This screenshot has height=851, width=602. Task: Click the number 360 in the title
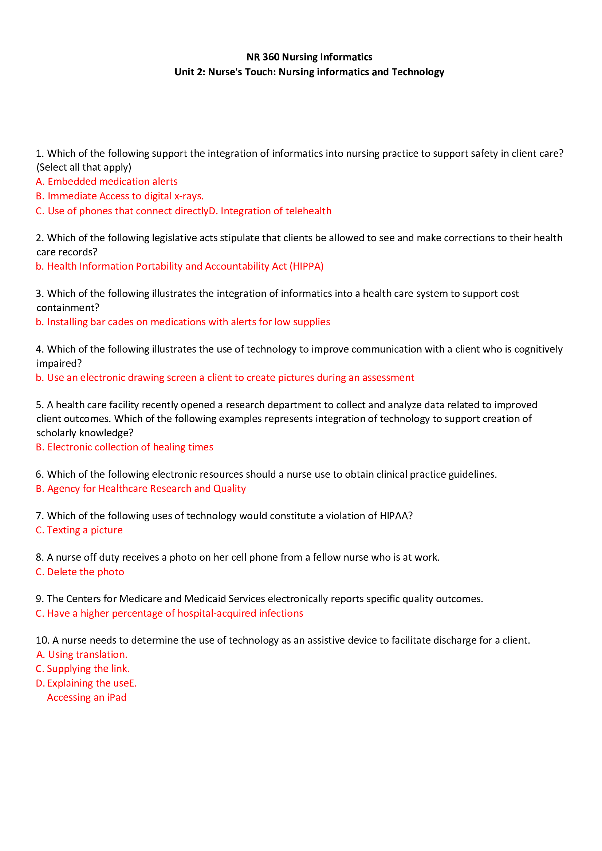[x=270, y=57]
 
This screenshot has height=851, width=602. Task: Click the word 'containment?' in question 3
[x=67, y=308]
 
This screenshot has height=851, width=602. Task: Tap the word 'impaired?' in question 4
[x=59, y=363]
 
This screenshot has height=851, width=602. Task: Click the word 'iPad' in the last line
[x=117, y=697]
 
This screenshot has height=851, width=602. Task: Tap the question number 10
[x=42, y=640]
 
